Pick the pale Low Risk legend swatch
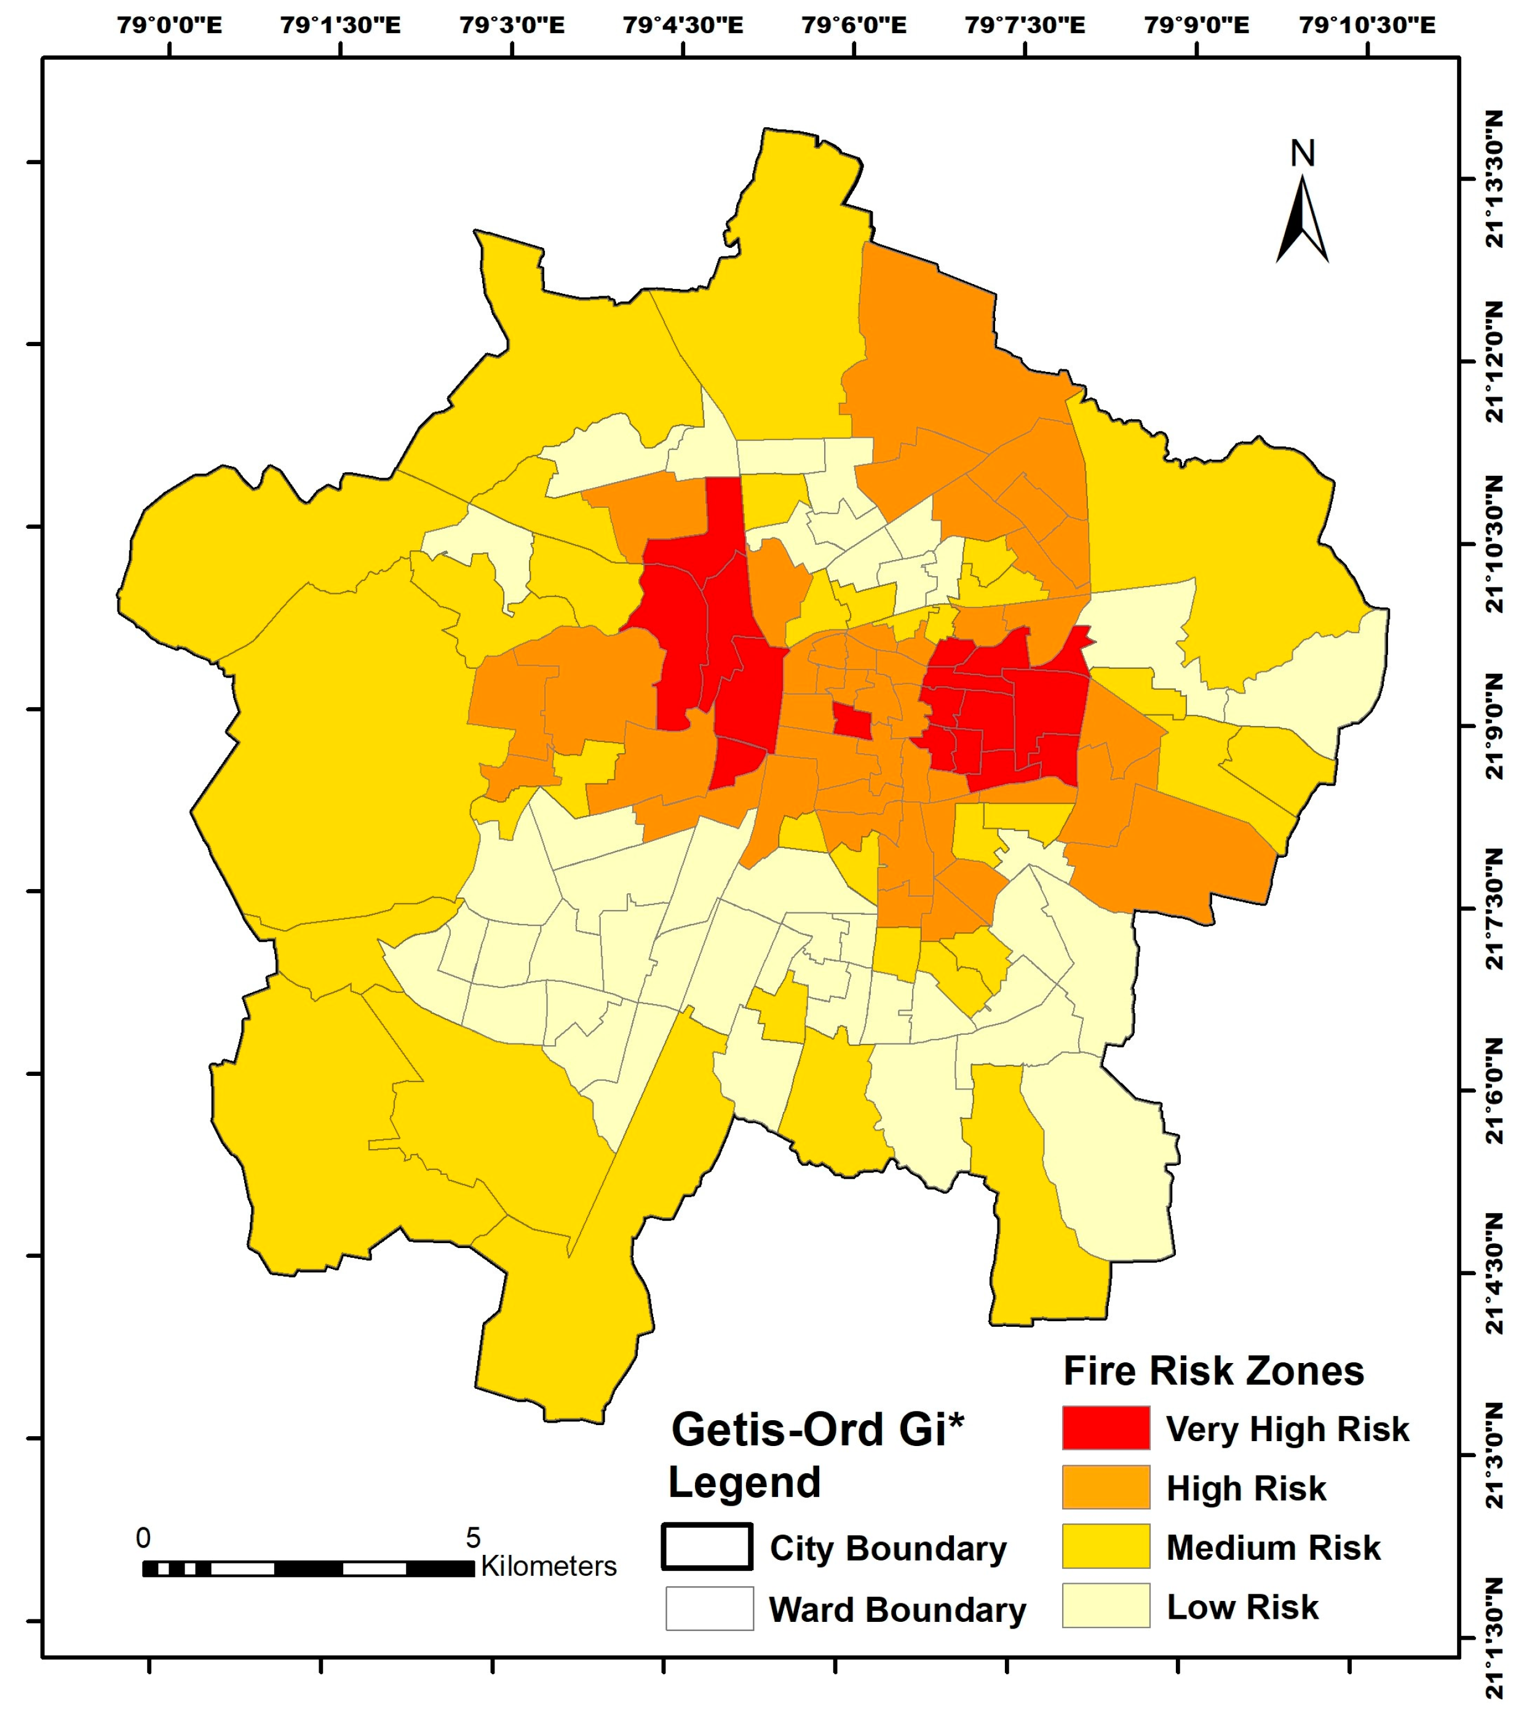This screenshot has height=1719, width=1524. pos(1105,1606)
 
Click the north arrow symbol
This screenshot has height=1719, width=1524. pos(1302,220)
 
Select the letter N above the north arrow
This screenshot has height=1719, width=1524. pos(1302,154)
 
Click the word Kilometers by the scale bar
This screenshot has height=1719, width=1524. pos(549,1566)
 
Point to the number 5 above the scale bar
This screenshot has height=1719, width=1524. pos(473,1538)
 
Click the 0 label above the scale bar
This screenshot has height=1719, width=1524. pos(143,1538)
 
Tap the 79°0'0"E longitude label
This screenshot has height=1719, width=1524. pos(169,25)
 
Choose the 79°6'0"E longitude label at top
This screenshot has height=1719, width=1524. pos(854,25)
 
